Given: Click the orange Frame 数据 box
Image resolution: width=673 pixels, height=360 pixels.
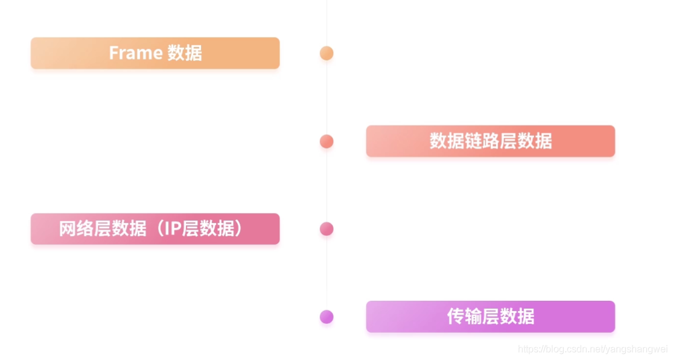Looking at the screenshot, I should click(155, 53).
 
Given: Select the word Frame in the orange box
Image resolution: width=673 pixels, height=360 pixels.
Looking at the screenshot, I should click(135, 53).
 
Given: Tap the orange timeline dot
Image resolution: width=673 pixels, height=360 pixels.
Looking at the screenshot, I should click(327, 53).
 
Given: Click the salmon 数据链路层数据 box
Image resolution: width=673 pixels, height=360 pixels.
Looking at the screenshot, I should click(490, 141).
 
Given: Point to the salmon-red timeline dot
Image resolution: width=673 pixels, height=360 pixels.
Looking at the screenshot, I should click(327, 141).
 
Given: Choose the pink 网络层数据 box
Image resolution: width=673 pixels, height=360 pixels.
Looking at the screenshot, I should click(155, 229).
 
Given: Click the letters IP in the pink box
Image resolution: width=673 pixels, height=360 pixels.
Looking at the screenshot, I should click(173, 229).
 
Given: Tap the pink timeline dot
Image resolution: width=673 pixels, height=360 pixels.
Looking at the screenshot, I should click(327, 229).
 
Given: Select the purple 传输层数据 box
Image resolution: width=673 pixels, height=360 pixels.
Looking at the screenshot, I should click(490, 317).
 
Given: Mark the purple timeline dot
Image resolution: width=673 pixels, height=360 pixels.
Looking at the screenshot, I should click(327, 317).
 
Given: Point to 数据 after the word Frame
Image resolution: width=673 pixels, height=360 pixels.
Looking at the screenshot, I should click(185, 53).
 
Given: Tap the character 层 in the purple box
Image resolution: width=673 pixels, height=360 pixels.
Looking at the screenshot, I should click(490, 317).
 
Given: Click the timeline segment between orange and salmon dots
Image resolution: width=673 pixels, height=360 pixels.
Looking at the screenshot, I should click(327, 97).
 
